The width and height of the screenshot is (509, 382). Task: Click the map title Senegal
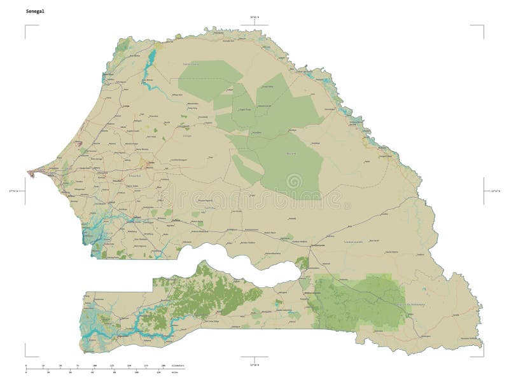(36, 11)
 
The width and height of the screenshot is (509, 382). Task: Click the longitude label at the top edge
(254, 17)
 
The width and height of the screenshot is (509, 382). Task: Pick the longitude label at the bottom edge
(254, 365)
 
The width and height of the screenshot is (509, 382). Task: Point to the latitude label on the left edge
(13, 190)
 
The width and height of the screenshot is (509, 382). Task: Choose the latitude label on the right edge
(496, 190)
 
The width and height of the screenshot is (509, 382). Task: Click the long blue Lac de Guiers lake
(150, 64)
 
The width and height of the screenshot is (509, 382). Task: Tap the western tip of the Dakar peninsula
(28, 171)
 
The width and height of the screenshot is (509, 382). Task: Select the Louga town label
(126, 106)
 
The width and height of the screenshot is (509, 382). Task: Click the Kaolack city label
(136, 218)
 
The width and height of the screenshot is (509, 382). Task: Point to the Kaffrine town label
(176, 221)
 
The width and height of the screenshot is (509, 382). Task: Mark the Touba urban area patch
(150, 163)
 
